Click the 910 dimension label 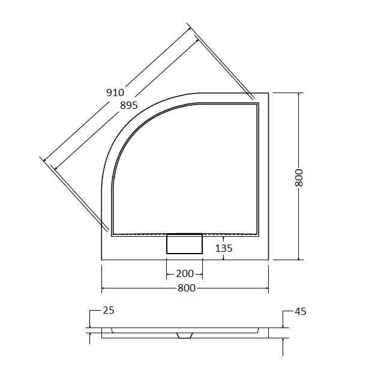click(115, 93)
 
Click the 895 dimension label click(129, 105)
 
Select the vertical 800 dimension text click(299, 177)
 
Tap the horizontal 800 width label click(187, 288)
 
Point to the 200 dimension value click(185, 273)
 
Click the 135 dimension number click(224, 248)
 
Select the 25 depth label click(109, 310)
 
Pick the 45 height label click(301, 311)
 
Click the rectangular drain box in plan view click(184, 243)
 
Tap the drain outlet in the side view click(185, 335)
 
